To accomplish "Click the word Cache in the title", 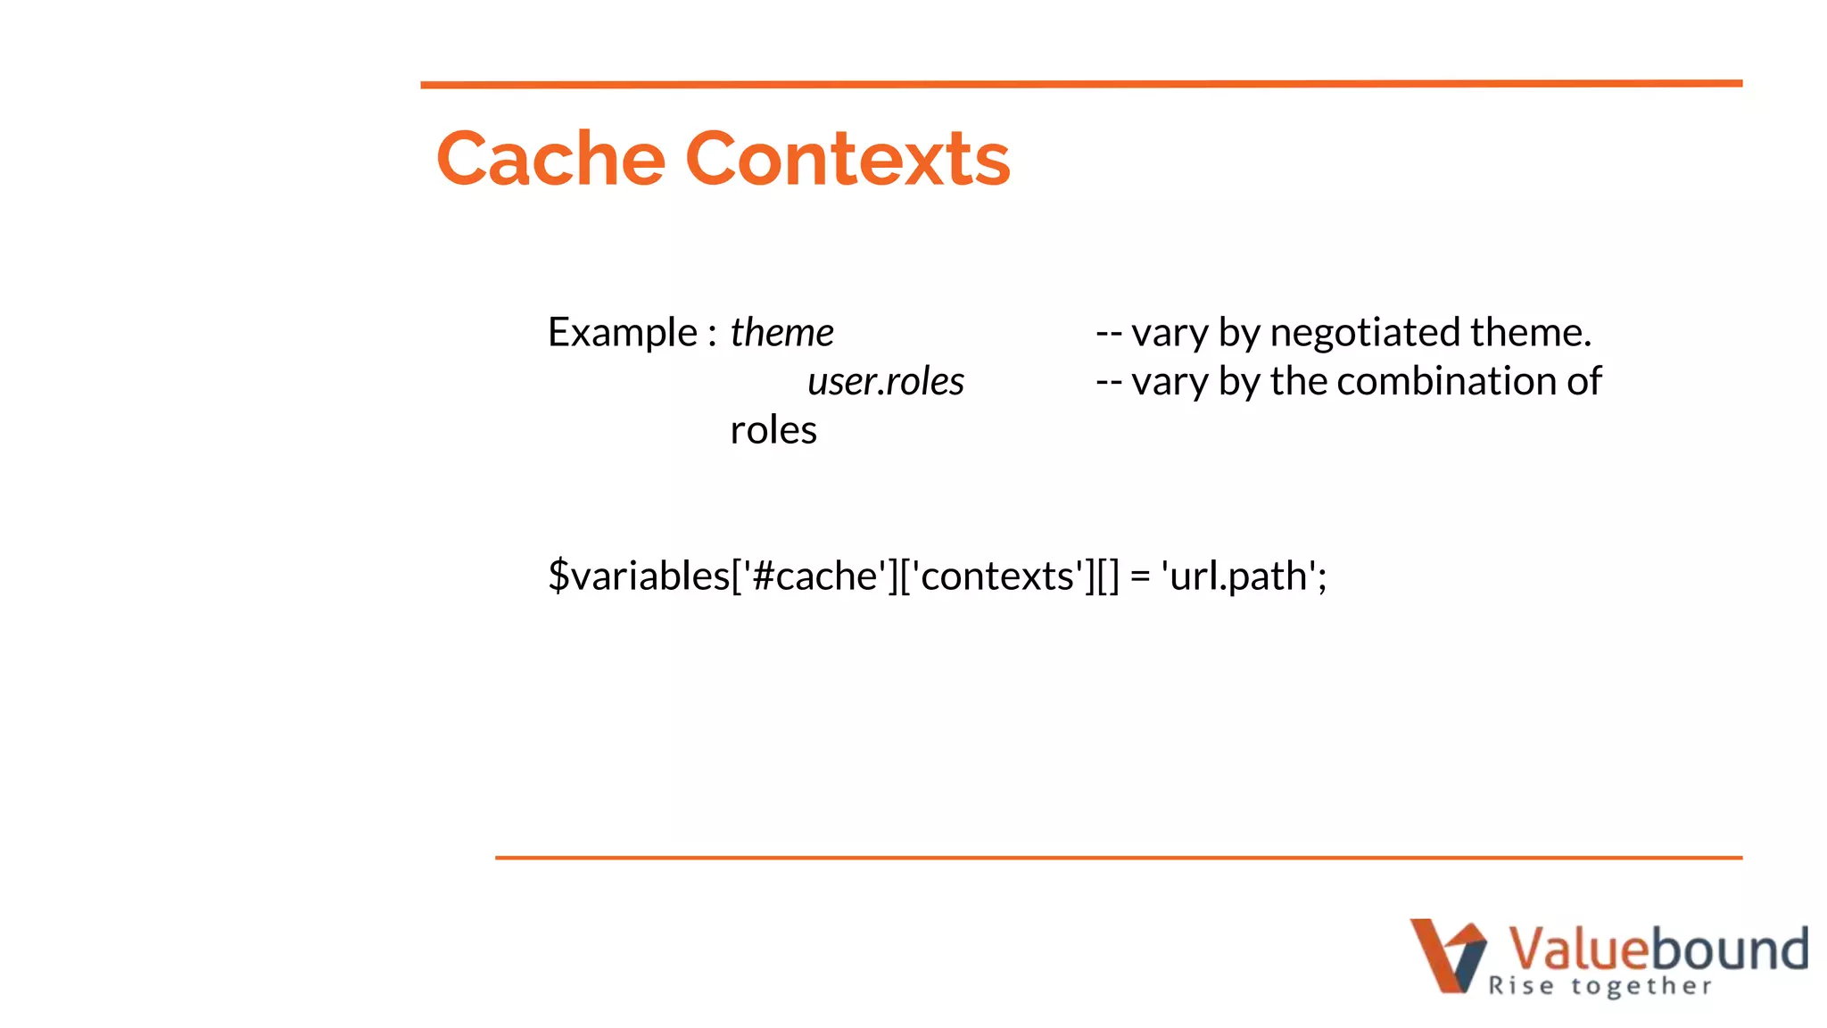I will point(550,159).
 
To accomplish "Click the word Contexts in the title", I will point(847,159).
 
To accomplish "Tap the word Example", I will point(622,333).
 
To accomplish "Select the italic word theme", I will point(781,333).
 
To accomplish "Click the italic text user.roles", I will point(885,382).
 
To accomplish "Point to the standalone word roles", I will point(773,431).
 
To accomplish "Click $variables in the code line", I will point(639,576).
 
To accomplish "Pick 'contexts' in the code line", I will point(997,576).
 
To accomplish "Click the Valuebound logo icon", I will point(1447,955).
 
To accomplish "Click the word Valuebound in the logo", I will point(1658,948).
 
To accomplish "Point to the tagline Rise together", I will point(1600,986).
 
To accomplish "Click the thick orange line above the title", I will point(1081,84).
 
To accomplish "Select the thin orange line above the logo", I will point(1118,858).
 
